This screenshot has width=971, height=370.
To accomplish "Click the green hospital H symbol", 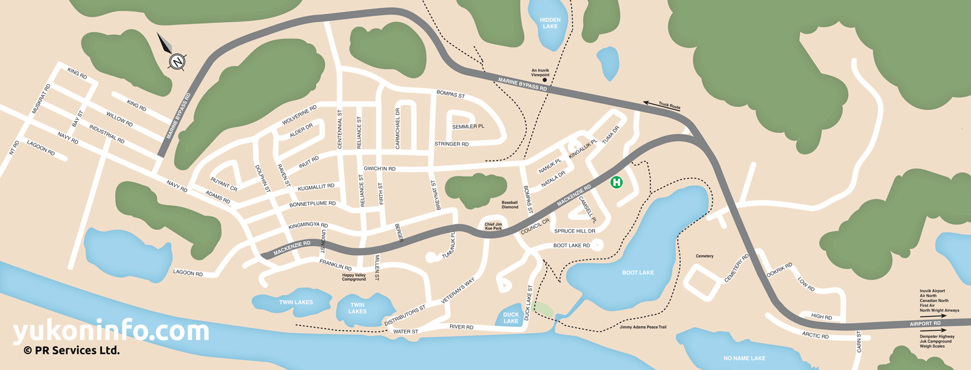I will pyautogui.click(x=617, y=182).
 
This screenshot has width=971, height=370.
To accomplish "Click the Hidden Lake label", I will pyautogui.click(x=550, y=23).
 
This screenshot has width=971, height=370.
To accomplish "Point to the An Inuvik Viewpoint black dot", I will pyautogui.click(x=544, y=80).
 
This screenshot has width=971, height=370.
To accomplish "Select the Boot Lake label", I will pyautogui.click(x=638, y=273).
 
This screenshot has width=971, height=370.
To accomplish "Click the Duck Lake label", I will pyautogui.click(x=511, y=318).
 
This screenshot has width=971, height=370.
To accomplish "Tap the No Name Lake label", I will pyautogui.click(x=744, y=358).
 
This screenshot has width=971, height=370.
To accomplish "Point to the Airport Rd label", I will pyautogui.click(x=925, y=324).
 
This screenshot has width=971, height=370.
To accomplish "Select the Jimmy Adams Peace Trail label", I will pyautogui.click(x=643, y=327).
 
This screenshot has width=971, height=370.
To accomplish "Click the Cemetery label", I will pyautogui.click(x=705, y=256).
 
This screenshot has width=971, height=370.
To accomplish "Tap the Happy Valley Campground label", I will pyautogui.click(x=354, y=277).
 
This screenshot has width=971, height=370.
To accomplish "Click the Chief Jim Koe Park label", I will pyautogui.click(x=493, y=227).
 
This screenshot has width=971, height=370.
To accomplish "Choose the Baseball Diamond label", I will pyautogui.click(x=510, y=205).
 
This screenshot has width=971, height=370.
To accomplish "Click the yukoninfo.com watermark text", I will pyautogui.click(x=111, y=331).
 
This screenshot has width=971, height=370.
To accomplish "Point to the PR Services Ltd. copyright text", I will pyautogui.click(x=72, y=351).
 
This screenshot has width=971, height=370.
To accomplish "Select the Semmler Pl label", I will pyautogui.click(x=468, y=127).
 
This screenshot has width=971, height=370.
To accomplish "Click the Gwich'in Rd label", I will pyautogui.click(x=379, y=169).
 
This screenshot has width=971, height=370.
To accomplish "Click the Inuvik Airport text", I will pyautogui.click(x=932, y=291).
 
